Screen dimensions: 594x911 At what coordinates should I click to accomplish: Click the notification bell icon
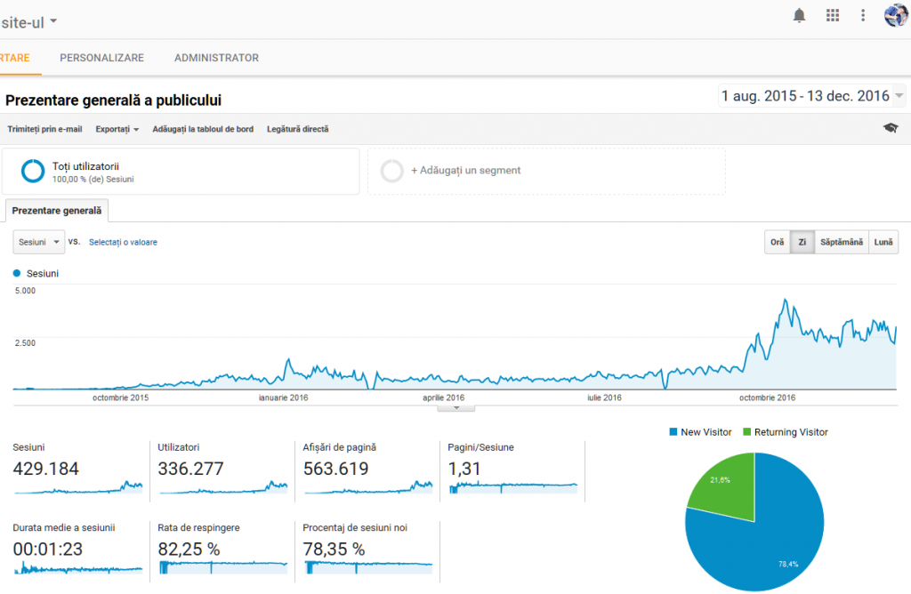point(799,15)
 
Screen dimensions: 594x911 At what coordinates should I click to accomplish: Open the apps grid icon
point(833,15)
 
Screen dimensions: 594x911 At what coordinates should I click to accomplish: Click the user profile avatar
point(895,15)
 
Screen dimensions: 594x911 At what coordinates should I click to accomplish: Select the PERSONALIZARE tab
point(101,58)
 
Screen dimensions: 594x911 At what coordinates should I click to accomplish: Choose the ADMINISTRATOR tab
point(216,58)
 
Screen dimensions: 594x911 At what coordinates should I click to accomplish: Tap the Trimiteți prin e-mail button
point(44,129)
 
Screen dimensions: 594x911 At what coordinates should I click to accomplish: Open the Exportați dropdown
point(117,129)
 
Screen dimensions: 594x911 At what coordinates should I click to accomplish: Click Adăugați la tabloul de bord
point(203,129)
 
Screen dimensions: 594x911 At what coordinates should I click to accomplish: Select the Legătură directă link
point(297,129)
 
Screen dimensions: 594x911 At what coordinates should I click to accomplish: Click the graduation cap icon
point(891,129)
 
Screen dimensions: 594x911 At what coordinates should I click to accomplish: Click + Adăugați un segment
point(465,170)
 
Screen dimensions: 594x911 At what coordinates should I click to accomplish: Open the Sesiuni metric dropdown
point(39,242)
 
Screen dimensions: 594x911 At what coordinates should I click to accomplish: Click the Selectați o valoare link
point(123,242)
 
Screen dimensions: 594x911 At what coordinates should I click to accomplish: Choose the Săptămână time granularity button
point(842,242)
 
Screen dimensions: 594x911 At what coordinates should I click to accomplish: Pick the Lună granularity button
point(883,242)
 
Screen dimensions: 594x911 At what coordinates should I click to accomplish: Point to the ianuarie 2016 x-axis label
point(283,397)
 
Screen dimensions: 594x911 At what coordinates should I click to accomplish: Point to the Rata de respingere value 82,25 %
point(189,550)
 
